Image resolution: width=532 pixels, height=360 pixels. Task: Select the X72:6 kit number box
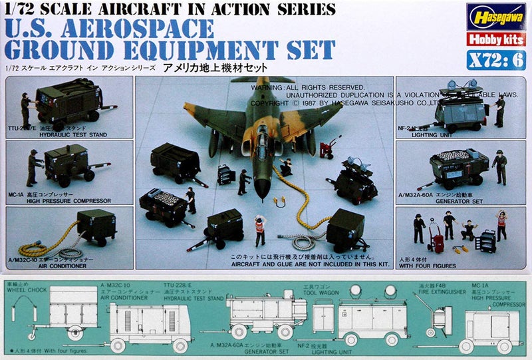[x=491, y=58]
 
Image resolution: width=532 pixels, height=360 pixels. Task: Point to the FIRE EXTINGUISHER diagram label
[x=439, y=290]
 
